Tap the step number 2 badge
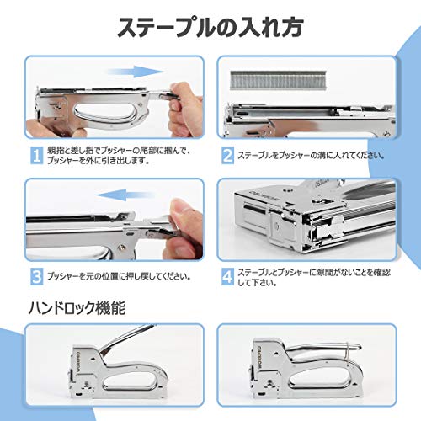[228, 155]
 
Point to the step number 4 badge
[228, 275]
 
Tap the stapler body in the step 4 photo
[312, 219]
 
